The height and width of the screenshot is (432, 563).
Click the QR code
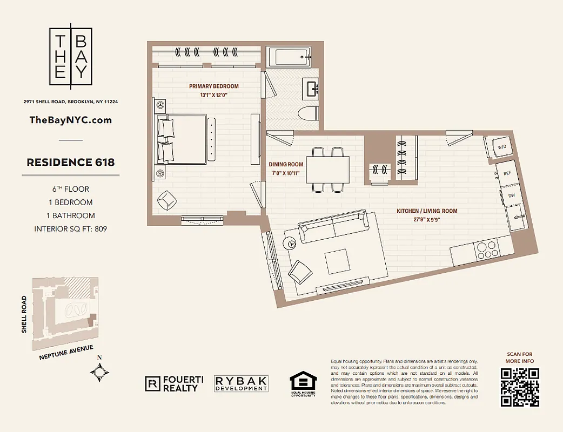(x=520, y=387)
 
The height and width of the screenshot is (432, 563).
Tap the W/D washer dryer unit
(x=501, y=147)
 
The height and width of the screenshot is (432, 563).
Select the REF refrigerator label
(x=507, y=173)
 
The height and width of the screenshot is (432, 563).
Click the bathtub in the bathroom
(x=290, y=57)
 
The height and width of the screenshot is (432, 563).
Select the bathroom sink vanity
(x=312, y=88)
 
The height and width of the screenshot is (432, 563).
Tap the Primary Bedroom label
(x=213, y=86)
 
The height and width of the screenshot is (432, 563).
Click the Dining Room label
(x=286, y=165)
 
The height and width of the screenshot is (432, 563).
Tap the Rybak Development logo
(x=241, y=383)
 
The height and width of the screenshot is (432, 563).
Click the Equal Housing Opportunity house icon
(x=303, y=381)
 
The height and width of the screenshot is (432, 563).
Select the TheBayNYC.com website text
(x=70, y=120)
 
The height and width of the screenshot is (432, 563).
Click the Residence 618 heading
(x=70, y=162)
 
